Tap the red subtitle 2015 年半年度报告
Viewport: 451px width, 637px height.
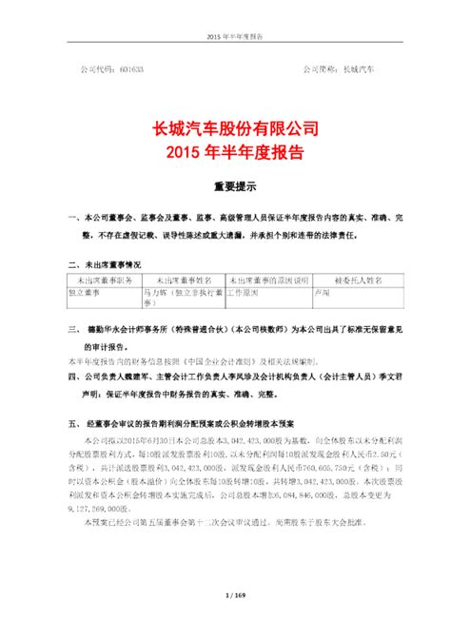[x=225, y=151]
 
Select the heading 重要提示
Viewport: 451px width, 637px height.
[x=225, y=187]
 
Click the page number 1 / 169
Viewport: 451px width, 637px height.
[x=225, y=622]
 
